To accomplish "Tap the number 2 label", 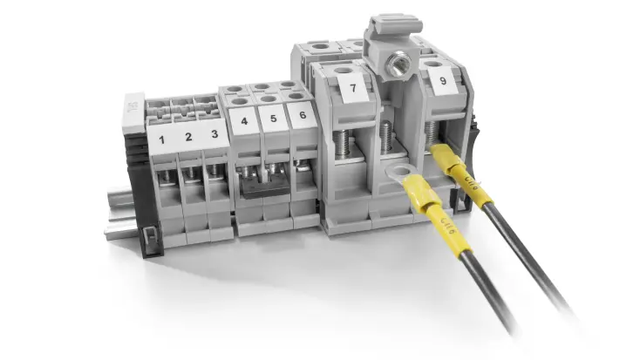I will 186,137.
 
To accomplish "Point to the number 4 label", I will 244,121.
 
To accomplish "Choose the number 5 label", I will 273,119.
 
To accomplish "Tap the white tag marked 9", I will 444,82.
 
